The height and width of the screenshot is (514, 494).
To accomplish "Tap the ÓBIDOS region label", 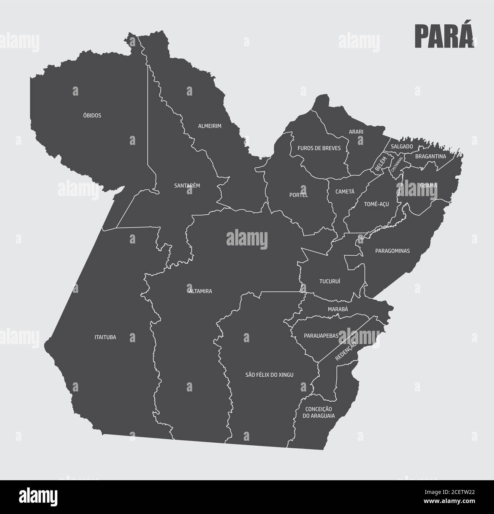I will (92, 115).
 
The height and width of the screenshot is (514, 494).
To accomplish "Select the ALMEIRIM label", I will (209, 126).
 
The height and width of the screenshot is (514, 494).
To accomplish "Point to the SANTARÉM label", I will (187, 185).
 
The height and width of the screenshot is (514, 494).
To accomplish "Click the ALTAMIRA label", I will (200, 291).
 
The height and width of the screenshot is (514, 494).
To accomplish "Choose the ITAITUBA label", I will (105, 337).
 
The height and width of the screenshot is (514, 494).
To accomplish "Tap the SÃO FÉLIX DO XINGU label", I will (269, 375).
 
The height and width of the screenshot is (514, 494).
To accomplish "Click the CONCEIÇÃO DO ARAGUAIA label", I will (318, 412).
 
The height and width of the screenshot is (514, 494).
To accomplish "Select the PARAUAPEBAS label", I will (321, 336).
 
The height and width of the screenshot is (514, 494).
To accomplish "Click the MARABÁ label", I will (337, 309).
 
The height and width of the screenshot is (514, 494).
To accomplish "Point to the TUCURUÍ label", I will (329, 281).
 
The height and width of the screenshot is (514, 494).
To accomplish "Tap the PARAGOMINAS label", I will (392, 251).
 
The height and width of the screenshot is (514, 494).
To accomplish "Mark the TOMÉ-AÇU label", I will (376, 204).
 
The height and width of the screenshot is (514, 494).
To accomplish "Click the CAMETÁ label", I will (345, 192).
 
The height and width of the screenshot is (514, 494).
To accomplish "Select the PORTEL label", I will (298, 195).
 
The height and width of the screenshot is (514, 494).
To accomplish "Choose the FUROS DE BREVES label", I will (319, 148).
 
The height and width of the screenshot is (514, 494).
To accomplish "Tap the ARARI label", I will (356, 132).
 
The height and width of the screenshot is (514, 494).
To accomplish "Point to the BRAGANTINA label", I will (430, 156).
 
